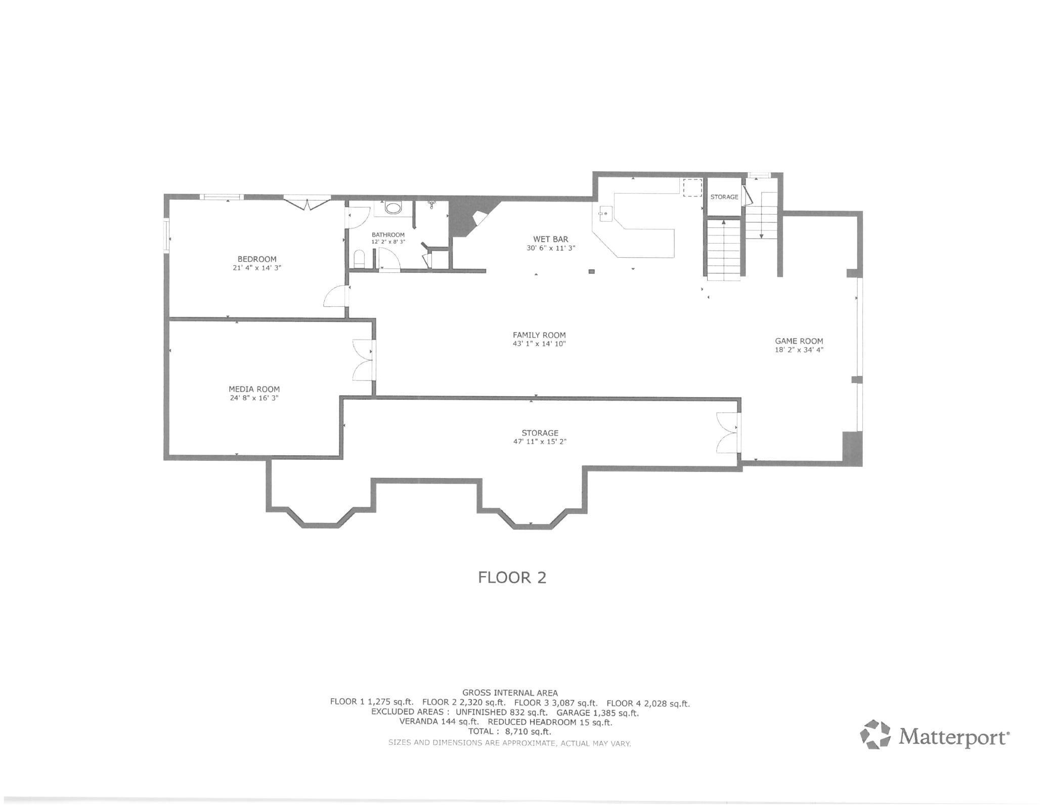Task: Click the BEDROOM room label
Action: (x=257, y=259)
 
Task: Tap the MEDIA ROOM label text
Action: (x=254, y=389)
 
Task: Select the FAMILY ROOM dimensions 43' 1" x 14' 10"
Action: (x=539, y=344)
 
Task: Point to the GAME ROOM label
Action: (x=799, y=341)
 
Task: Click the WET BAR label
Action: (x=551, y=239)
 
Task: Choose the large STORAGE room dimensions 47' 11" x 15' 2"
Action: (x=540, y=442)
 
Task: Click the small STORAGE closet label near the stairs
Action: (x=724, y=197)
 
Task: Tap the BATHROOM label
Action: (x=388, y=235)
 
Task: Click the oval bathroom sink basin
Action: (x=392, y=208)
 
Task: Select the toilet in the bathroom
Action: (x=359, y=259)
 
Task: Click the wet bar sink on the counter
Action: (x=604, y=214)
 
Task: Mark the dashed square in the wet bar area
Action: (x=692, y=187)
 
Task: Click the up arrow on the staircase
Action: (x=724, y=222)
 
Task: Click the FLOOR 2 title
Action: (x=512, y=578)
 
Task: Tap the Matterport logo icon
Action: (x=875, y=735)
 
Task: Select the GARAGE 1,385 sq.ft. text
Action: (x=597, y=713)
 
